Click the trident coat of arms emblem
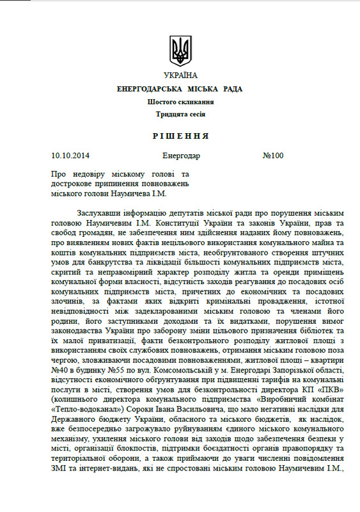(x=180, y=50)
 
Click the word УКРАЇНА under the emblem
(x=180, y=76)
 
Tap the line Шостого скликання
(x=180, y=102)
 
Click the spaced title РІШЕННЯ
(x=180, y=137)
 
